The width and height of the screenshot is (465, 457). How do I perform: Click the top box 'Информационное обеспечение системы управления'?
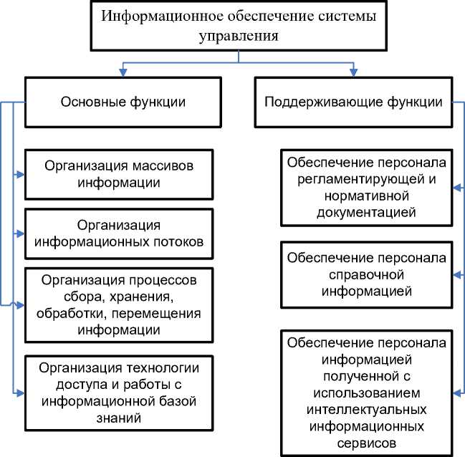click(239, 26)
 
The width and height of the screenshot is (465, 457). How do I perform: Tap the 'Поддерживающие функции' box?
click(354, 102)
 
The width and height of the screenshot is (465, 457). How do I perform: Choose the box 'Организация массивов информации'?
click(119, 173)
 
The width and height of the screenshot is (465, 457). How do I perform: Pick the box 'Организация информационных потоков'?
click(119, 234)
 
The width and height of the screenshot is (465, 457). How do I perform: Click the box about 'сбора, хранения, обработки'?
click(119, 304)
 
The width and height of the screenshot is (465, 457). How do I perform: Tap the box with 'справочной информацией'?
click(367, 274)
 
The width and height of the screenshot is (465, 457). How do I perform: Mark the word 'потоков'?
click(176, 242)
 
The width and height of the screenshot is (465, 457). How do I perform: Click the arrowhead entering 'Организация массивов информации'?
click(21, 173)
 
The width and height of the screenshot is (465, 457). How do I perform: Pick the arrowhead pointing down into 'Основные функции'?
click(123, 74)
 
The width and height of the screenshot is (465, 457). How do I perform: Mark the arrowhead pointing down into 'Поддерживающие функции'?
click(353, 74)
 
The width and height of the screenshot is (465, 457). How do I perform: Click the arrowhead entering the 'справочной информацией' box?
click(456, 274)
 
